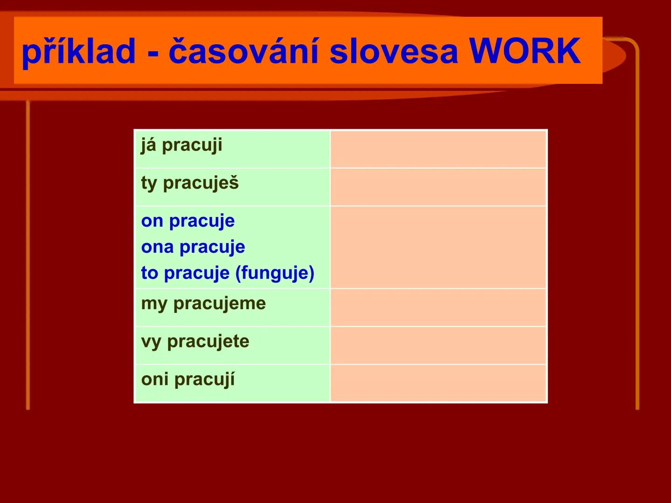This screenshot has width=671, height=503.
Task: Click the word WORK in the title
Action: (x=525, y=51)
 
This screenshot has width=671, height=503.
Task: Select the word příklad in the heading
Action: (x=79, y=51)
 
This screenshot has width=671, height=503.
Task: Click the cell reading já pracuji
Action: (x=233, y=149)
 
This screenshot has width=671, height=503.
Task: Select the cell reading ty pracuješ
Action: (x=233, y=187)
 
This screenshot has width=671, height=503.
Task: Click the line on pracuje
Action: (x=188, y=221)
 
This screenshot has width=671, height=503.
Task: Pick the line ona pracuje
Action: (x=193, y=247)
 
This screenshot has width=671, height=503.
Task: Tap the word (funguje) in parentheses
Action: (x=275, y=273)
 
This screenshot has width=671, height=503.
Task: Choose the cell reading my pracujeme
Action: (x=233, y=307)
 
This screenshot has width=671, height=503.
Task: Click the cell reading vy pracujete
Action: (x=233, y=345)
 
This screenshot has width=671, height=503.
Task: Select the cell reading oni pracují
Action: (x=233, y=383)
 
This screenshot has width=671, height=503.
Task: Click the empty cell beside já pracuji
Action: (x=438, y=149)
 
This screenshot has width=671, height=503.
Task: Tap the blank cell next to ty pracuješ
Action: (x=438, y=187)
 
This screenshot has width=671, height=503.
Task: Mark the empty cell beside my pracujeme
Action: (x=438, y=307)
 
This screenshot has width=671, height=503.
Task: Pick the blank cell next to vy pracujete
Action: (x=438, y=345)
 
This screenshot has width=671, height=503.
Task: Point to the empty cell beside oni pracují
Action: (x=438, y=383)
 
